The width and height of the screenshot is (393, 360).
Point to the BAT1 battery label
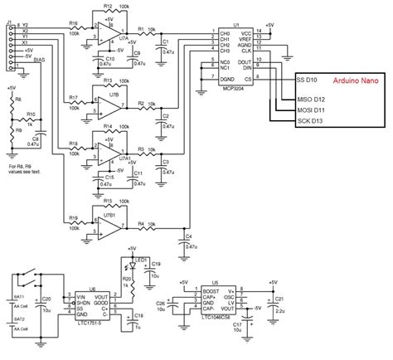pos(17,295)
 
